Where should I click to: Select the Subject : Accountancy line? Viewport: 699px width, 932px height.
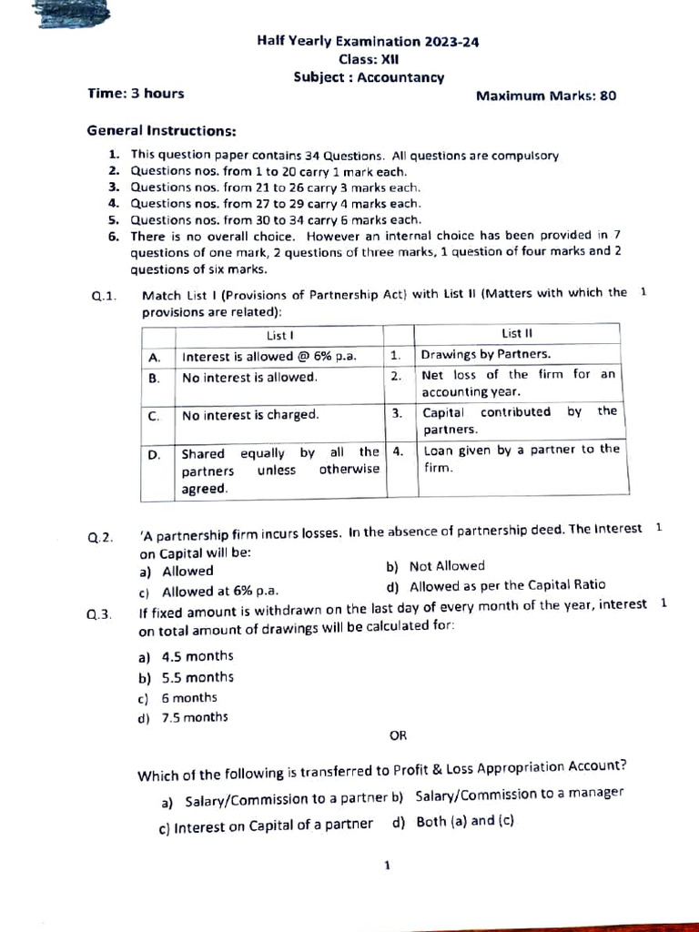pyautogui.click(x=369, y=77)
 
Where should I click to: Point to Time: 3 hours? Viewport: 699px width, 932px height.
pyautogui.click(x=136, y=93)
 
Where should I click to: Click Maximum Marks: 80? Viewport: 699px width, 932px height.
pyautogui.click(x=546, y=95)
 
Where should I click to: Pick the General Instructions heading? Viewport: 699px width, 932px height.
pyautogui.click(x=161, y=130)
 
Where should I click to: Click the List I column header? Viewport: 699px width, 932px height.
pyautogui.click(x=279, y=335)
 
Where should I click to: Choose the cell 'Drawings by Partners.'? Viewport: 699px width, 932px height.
pyautogui.click(x=487, y=355)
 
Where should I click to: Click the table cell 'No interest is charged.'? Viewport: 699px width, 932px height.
pyautogui.click(x=250, y=415)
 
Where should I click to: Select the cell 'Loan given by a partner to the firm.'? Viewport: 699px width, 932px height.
pyautogui.click(x=519, y=458)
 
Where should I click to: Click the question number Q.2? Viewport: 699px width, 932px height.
pyautogui.click(x=101, y=537)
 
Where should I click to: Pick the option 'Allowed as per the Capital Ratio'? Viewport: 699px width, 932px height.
pyautogui.click(x=506, y=586)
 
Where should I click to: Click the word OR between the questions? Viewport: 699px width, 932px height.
pyautogui.click(x=398, y=735)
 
